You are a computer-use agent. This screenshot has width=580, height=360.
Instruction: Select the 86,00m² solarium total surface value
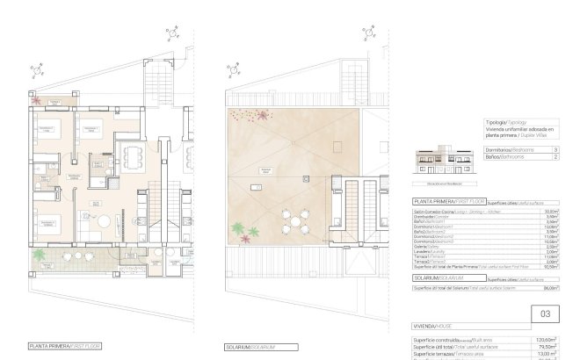tap(551, 287)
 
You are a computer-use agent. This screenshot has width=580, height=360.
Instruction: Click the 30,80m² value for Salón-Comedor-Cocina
tap(552, 212)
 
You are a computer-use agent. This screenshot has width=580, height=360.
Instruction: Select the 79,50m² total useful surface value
tap(551, 346)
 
